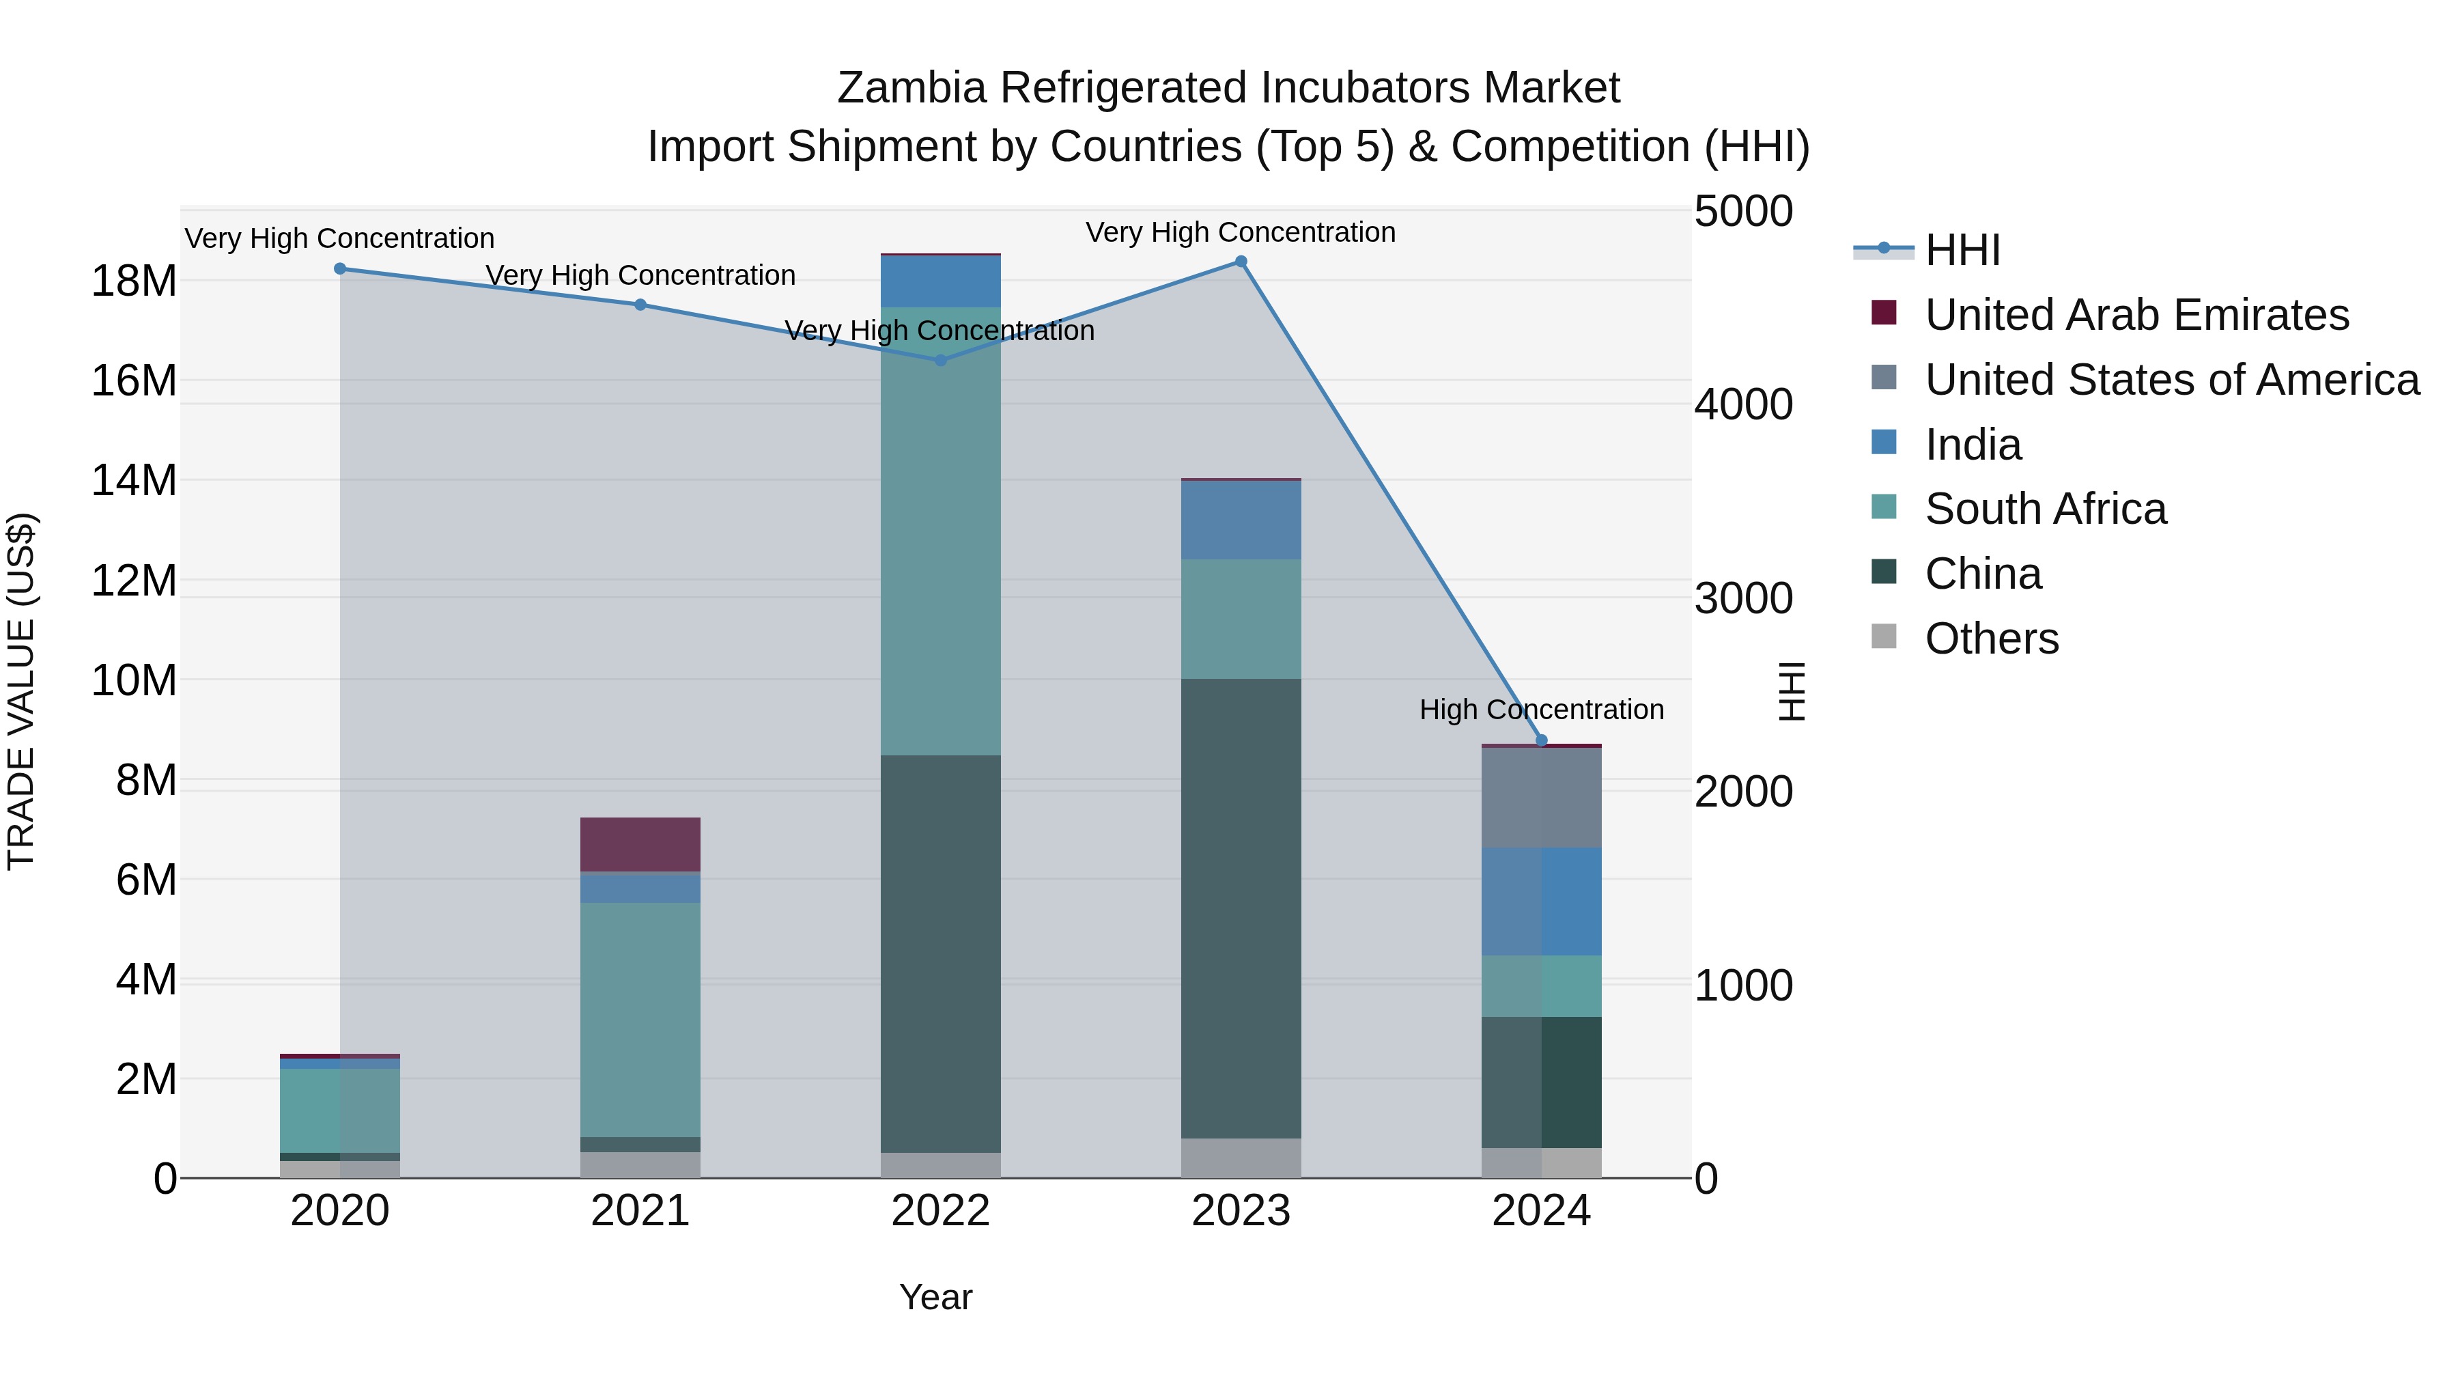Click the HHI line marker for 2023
point(1241,262)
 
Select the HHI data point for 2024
point(1541,740)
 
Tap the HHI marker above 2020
point(340,269)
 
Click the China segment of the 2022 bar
point(940,955)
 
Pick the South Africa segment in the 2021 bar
point(640,1020)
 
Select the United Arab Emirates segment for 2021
point(640,845)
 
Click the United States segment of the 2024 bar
point(1541,798)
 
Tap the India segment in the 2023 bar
point(1241,520)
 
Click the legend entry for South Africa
point(2045,509)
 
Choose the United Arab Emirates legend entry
point(2136,315)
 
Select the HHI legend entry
point(1962,250)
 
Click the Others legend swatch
point(1884,637)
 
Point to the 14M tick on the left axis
point(134,480)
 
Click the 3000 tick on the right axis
point(1743,600)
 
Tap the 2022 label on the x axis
point(940,1211)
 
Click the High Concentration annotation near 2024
point(1541,710)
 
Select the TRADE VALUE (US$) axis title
point(21,691)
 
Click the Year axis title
point(935,1297)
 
